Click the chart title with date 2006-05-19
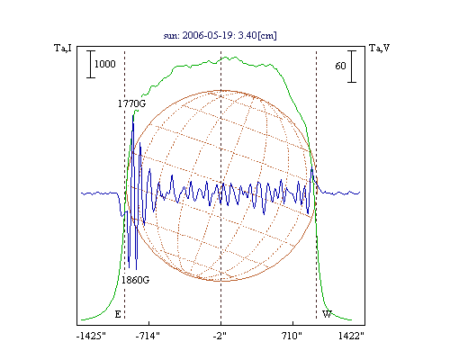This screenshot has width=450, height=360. (x=220, y=35)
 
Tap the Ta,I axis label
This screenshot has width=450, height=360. (x=63, y=48)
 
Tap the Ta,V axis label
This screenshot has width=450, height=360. (x=380, y=48)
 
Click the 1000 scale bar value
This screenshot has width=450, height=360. (x=105, y=64)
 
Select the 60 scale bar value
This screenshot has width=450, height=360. (x=340, y=66)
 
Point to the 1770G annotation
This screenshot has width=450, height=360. (x=131, y=103)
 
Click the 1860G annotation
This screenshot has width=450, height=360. (x=135, y=280)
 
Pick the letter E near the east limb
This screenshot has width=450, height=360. (x=118, y=314)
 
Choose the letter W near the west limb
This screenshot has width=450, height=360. (x=327, y=314)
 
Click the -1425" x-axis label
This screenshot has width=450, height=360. (x=91, y=336)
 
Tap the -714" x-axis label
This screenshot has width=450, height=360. (x=148, y=336)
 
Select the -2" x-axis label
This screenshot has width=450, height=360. (x=220, y=336)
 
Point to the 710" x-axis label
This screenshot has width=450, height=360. (x=292, y=336)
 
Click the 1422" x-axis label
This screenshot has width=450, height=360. (x=351, y=336)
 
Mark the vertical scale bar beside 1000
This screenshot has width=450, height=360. (x=91, y=64)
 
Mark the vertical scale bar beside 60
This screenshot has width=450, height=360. (x=352, y=67)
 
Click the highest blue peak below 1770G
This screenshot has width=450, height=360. (x=132, y=115)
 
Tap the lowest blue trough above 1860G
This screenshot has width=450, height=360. (x=137, y=269)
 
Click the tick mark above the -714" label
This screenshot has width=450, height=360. (x=149, y=323)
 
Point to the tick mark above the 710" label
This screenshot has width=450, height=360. (x=292, y=323)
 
